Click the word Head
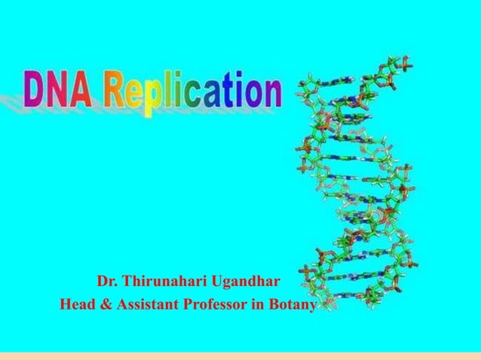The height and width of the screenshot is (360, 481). pyautogui.click(x=75, y=306)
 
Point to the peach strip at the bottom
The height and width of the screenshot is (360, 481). pyautogui.click(x=240, y=355)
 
